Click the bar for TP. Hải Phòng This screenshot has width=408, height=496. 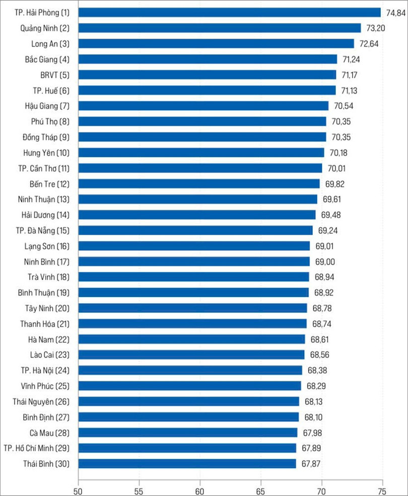pos(229,13)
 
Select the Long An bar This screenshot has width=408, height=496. pos(216,44)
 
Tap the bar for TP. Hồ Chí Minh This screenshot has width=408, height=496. pos(187,448)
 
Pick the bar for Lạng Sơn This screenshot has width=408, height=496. pos(194,246)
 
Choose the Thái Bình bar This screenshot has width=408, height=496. pos(187,464)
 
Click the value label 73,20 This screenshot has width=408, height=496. pos(375,28)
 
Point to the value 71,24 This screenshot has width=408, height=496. pos(351,59)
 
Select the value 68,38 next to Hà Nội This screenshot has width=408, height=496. pos(316,371)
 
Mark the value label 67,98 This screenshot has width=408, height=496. pos(312,433)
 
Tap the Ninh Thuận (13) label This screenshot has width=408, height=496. pos(43,199)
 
